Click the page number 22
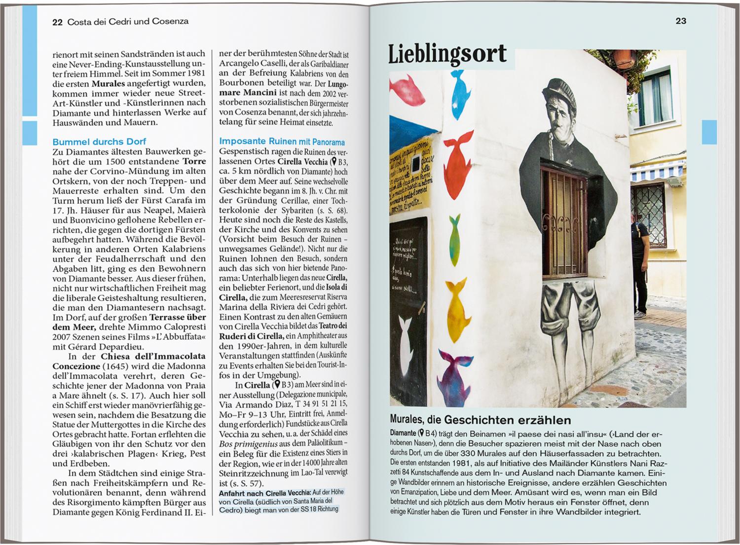(57, 22)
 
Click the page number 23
(681, 21)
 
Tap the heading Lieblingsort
(447, 54)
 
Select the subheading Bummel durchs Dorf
(99, 142)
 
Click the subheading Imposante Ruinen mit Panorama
(282, 142)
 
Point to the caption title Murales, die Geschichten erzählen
(480, 420)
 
